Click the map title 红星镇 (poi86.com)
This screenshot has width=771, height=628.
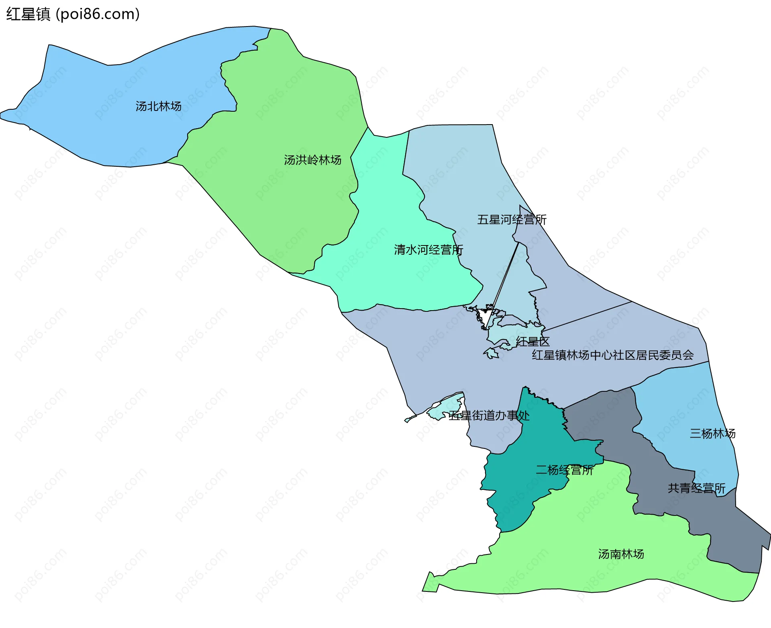click(73, 14)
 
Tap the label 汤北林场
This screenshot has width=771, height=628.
click(158, 106)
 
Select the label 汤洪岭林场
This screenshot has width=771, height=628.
click(312, 160)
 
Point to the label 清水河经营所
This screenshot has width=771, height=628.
click(428, 250)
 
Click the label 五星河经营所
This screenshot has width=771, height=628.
click(512, 220)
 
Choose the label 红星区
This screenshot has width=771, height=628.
click(532, 342)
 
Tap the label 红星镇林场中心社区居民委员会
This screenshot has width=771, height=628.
click(613, 355)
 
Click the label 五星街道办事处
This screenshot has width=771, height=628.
click(489, 415)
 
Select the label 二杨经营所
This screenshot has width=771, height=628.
click(564, 470)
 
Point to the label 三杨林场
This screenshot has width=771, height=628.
click(712, 434)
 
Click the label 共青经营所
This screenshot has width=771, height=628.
click(696, 488)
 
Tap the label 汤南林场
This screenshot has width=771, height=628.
click(621, 554)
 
